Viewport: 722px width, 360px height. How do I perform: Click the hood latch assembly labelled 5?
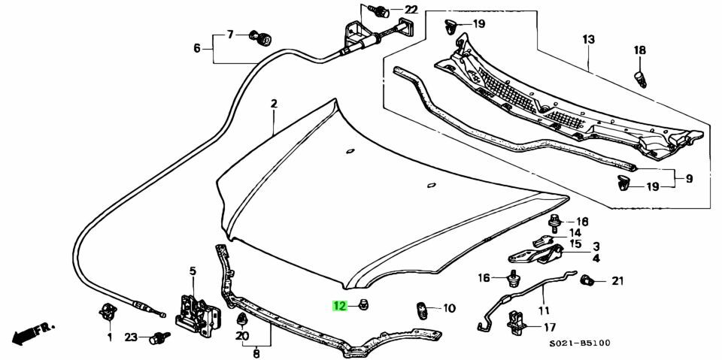[x=196, y=310]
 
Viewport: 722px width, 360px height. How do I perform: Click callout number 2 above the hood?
[x=275, y=104]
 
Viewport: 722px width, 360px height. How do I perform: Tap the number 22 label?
[x=410, y=10]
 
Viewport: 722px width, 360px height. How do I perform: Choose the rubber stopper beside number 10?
[x=423, y=309]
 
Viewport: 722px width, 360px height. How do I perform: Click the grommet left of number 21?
[x=588, y=282]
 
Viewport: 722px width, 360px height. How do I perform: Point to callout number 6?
[x=197, y=48]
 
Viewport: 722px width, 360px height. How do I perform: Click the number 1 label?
[x=109, y=337]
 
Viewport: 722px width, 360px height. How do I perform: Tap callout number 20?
[x=241, y=337]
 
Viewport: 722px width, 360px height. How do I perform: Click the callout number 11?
[x=544, y=310]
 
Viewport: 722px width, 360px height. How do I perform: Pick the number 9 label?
[x=689, y=179]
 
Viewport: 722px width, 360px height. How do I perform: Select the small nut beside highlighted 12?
[x=363, y=305]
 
